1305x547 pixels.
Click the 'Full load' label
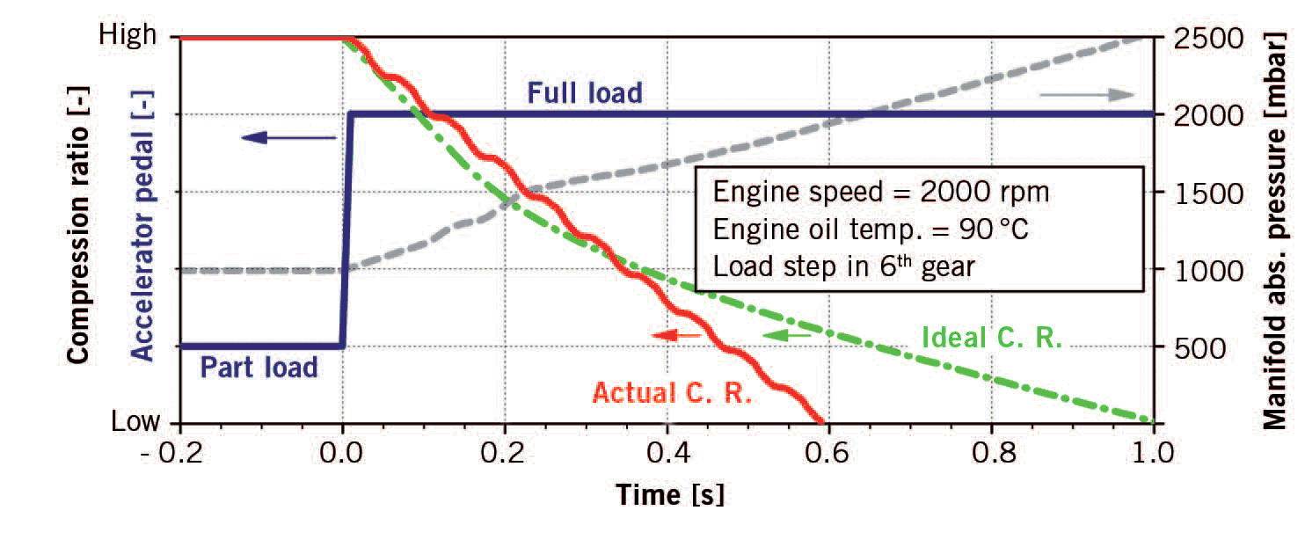point(585,91)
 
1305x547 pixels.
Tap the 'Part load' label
point(259,366)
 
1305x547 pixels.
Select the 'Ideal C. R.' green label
point(992,338)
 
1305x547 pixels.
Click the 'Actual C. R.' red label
point(672,392)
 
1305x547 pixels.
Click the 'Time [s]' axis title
point(669,495)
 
